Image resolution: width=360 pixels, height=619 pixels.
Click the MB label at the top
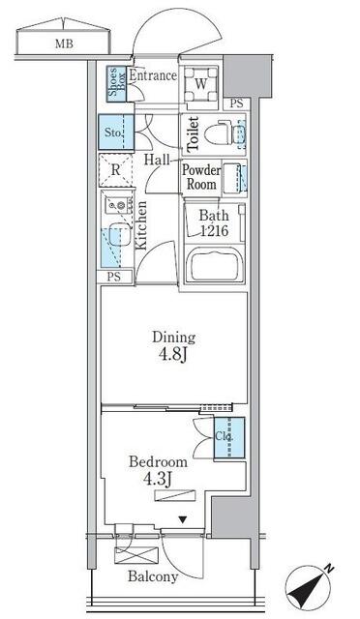[64, 44]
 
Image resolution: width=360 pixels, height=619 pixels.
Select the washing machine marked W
[200, 84]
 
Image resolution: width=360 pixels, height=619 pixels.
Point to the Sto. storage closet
[116, 132]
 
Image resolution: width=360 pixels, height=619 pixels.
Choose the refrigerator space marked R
[115, 170]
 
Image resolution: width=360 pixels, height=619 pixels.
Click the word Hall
[157, 160]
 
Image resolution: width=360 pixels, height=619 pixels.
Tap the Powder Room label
[201, 177]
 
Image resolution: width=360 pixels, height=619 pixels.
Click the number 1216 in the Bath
[214, 231]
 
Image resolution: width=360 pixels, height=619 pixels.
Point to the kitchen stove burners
[117, 205]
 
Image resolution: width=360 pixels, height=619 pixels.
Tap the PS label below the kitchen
[114, 277]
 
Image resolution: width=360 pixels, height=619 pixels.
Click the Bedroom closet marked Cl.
[229, 437]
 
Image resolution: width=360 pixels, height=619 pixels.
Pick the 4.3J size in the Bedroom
[158, 479]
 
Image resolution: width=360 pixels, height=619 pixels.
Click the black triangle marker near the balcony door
[182, 520]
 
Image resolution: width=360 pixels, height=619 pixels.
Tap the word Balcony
[153, 577]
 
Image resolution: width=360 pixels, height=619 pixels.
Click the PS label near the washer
[237, 103]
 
